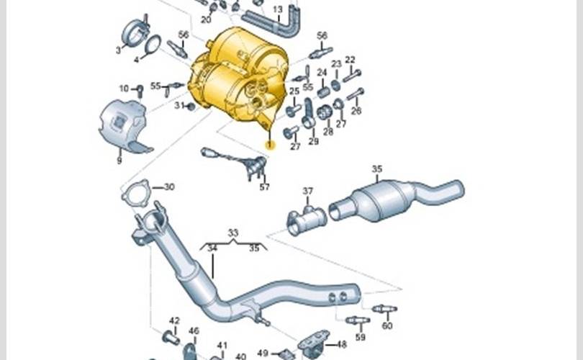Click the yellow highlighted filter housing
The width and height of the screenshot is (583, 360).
click(x=238, y=76)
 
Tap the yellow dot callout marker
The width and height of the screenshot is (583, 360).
click(x=271, y=145)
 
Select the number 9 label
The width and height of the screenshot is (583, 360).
click(x=119, y=161)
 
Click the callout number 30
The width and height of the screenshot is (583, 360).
click(x=169, y=186)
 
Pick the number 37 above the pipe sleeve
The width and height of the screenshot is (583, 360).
click(x=308, y=191)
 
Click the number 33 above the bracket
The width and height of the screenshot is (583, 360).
click(x=232, y=233)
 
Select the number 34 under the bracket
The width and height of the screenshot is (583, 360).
click(x=212, y=248)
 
